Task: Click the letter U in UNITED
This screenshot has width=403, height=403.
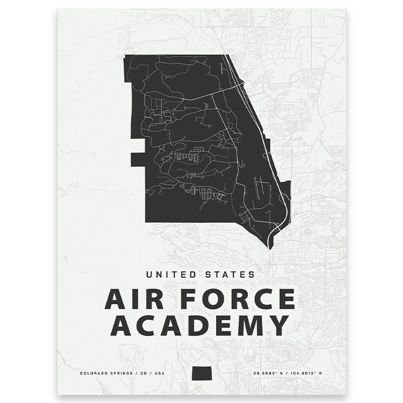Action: [150, 275]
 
